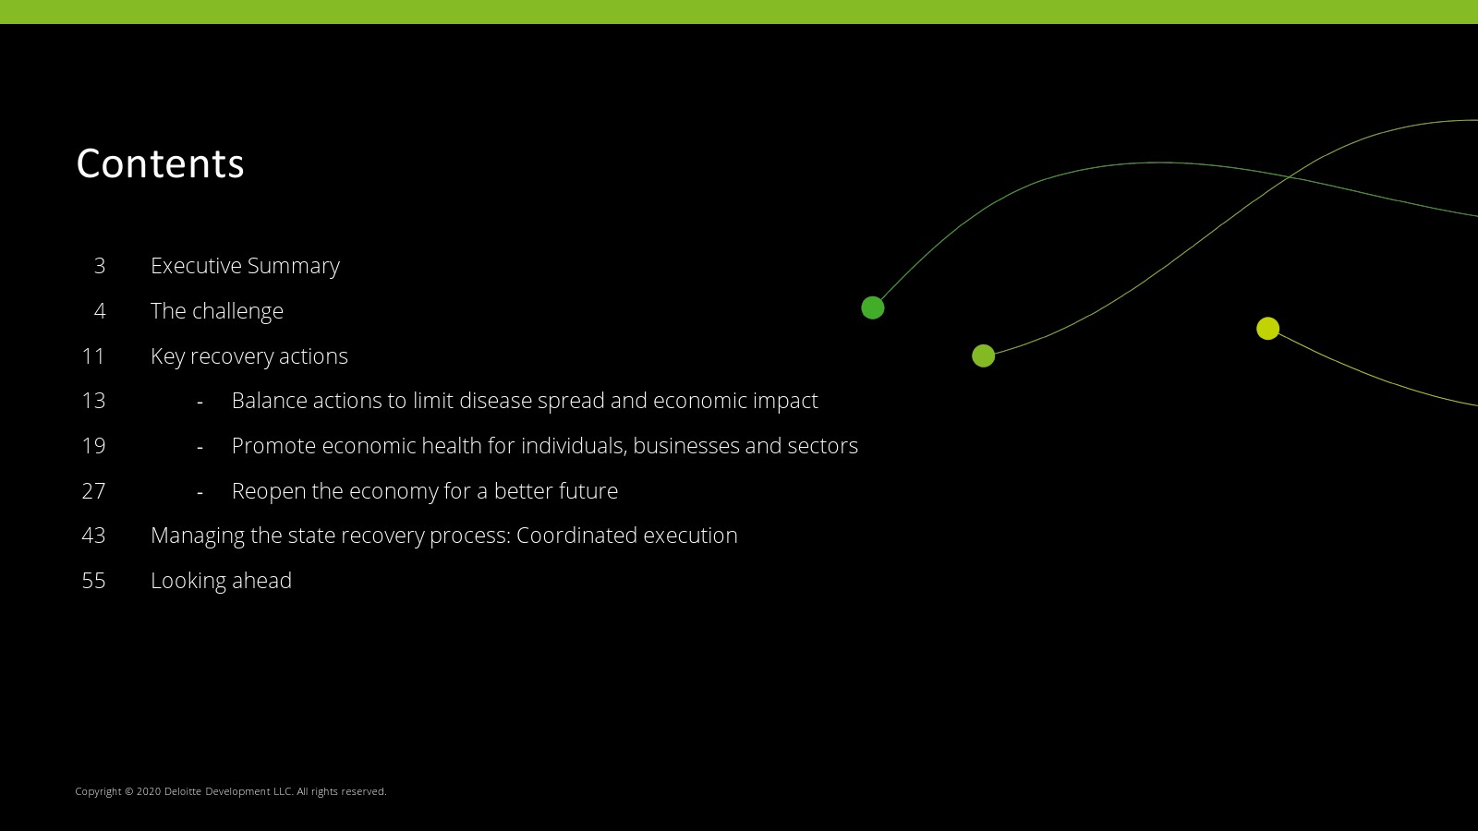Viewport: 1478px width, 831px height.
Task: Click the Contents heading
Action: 161,163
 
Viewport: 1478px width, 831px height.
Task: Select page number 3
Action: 100,266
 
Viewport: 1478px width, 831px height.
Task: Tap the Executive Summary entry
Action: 245,266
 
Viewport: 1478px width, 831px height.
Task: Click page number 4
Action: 100,310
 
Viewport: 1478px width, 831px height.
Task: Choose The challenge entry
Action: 217,310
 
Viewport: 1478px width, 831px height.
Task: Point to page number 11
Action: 93,356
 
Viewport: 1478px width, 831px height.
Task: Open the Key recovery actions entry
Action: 249,356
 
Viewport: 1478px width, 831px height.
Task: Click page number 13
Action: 93,401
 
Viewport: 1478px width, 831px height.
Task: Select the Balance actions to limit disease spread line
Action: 525,401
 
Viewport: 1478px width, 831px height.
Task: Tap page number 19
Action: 93,446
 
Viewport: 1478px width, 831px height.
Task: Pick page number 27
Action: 93,490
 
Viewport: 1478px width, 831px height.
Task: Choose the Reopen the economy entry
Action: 425,490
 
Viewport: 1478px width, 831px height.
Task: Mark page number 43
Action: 93,535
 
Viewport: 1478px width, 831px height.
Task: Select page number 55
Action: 93,581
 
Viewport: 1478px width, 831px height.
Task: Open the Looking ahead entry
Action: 221,581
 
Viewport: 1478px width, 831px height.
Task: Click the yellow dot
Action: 1267,329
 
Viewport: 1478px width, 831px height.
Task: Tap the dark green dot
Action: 873,308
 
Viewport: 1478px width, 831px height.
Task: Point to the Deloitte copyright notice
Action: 231,791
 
